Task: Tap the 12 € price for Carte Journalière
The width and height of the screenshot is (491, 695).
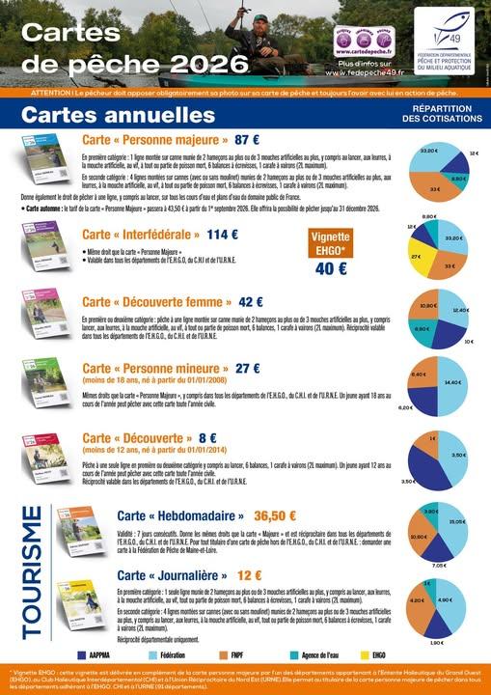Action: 250,574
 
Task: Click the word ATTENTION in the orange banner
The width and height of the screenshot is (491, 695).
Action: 49,93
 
